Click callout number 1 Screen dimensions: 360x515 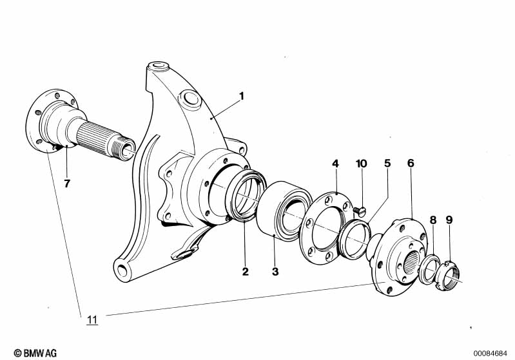click(242, 96)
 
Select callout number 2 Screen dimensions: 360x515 click(246, 271)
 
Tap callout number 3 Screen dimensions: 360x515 click(275, 271)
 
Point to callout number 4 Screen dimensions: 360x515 click(335, 164)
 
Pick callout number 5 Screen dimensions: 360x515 click(387, 164)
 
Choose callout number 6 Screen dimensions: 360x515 click(411, 164)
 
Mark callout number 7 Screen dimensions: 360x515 click(66, 184)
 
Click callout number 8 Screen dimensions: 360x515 click(433, 220)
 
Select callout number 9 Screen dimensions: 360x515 click(449, 220)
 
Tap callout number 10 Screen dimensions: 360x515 click(361, 164)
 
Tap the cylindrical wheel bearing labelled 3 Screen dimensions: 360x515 click(280, 209)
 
